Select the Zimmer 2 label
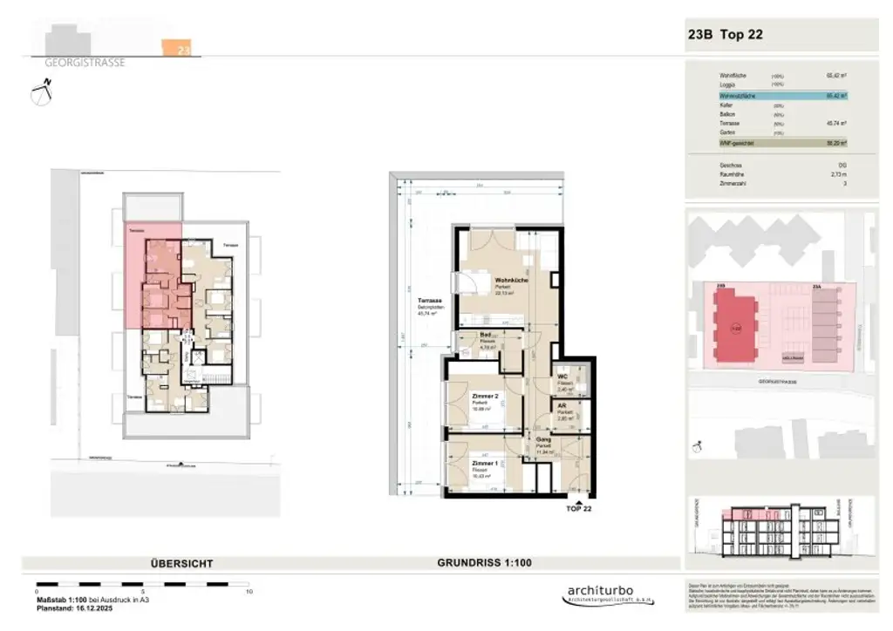tap(484, 396)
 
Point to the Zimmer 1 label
tap(484, 463)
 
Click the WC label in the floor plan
tap(563, 377)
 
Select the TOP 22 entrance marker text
tap(578, 507)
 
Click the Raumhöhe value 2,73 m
tap(841, 174)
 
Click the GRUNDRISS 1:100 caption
tap(483, 563)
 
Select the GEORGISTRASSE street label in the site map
tap(775, 381)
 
